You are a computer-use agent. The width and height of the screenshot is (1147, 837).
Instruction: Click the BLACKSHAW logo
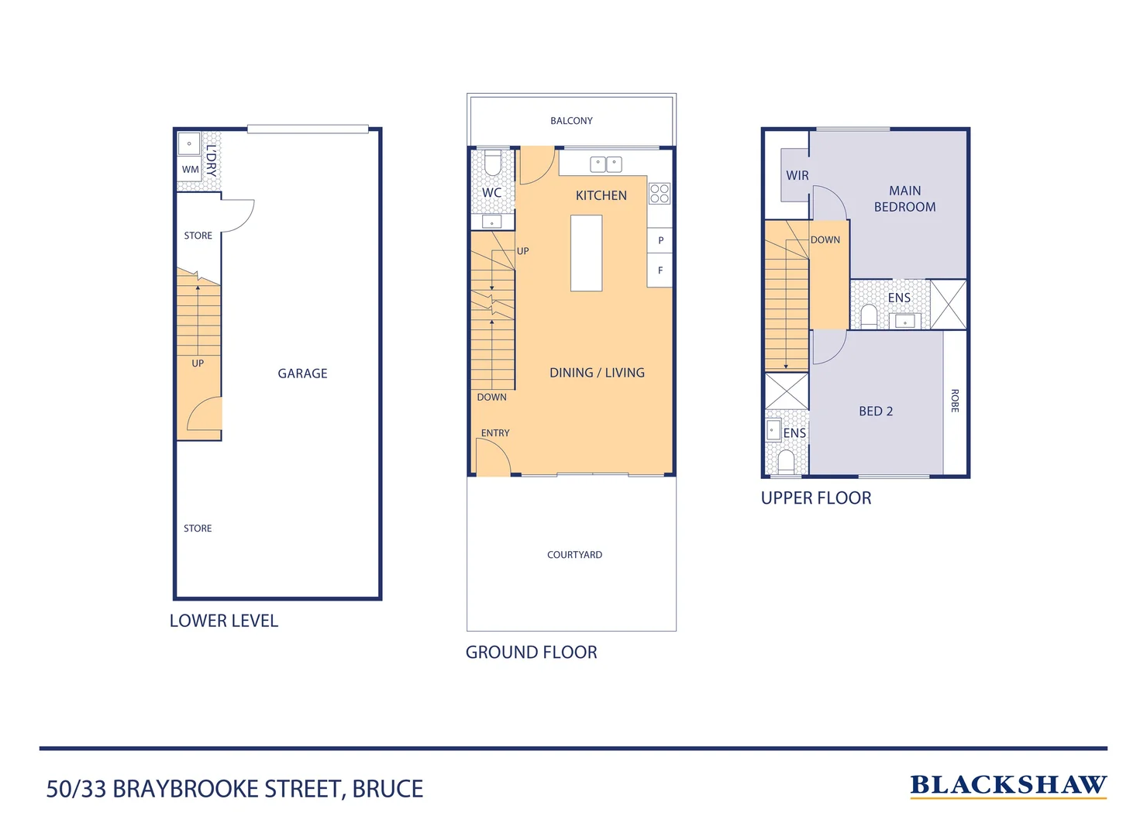pyautogui.click(x=1007, y=785)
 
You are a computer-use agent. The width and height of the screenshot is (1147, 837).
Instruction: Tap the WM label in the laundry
pyautogui.click(x=190, y=170)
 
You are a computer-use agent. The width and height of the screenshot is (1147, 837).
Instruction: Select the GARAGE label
pyautogui.click(x=302, y=374)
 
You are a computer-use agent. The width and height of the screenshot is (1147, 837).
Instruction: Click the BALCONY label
pyautogui.click(x=571, y=121)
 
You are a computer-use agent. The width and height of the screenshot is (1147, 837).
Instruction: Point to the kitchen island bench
pyautogui.click(x=586, y=253)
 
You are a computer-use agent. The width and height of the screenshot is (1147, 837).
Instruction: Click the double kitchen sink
pyautogui.click(x=605, y=164)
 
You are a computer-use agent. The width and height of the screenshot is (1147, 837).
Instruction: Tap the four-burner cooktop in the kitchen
pyautogui.click(x=660, y=194)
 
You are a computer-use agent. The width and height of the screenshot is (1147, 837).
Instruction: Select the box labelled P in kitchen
pyautogui.click(x=660, y=240)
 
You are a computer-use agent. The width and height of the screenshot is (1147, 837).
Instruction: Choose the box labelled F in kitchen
pyautogui.click(x=660, y=270)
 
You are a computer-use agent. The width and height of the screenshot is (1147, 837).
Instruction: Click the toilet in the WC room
pyautogui.click(x=492, y=164)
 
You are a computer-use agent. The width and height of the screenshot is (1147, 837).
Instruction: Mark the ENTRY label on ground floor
pyautogui.click(x=495, y=433)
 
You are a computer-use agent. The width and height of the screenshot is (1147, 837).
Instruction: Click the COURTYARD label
pyautogui.click(x=574, y=555)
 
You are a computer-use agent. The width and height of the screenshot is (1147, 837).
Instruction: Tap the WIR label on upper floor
pyautogui.click(x=797, y=176)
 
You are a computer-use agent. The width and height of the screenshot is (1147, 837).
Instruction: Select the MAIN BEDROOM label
pyautogui.click(x=904, y=199)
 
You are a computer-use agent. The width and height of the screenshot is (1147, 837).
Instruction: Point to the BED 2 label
pyautogui.click(x=876, y=412)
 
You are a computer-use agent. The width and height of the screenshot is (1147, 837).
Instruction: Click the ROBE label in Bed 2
pyautogui.click(x=955, y=401)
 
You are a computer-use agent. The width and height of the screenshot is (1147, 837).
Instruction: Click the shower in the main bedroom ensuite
pyautogui.click(x=948, y=305)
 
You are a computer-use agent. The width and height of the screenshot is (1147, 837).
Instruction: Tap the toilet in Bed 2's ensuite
pyautogui.click(x=786, y=462)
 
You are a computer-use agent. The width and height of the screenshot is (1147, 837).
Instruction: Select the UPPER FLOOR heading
pyautogui.click(x=816, y=498)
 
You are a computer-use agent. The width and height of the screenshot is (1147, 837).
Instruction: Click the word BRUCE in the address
pyautogui.click(x=387, y=789)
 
